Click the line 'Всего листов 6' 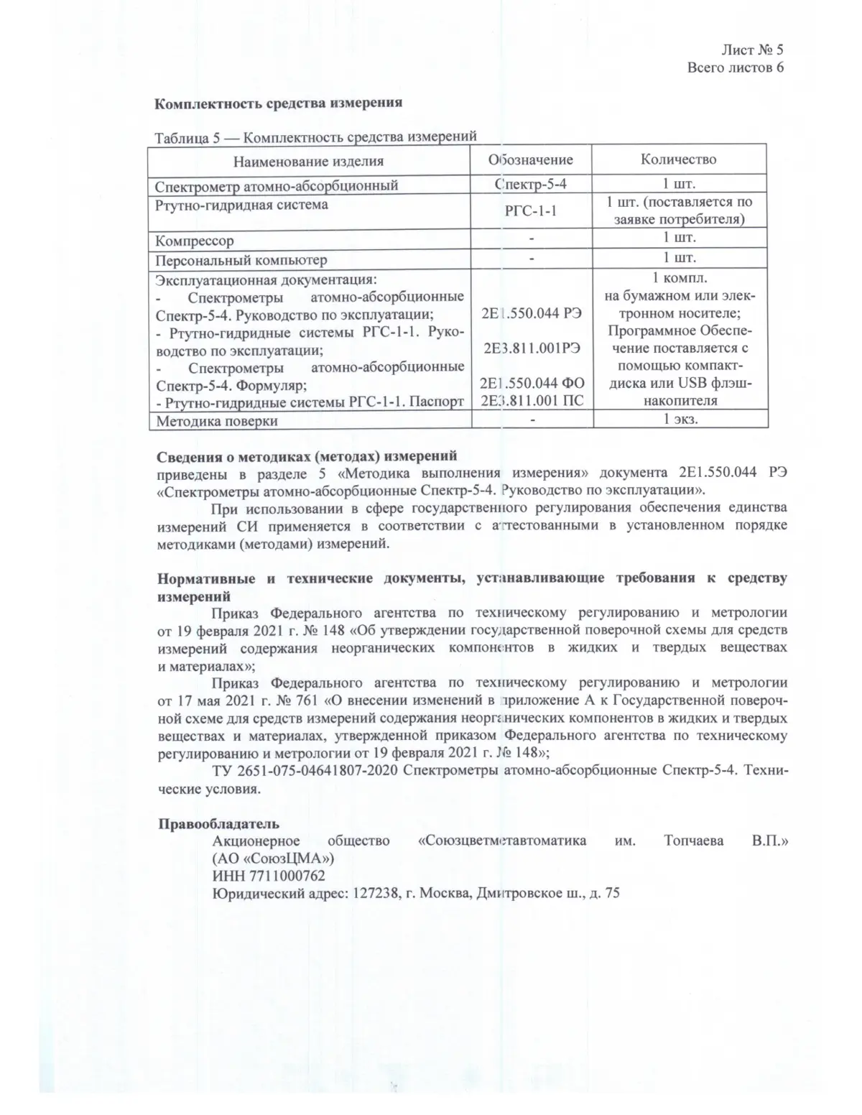click(734, 68)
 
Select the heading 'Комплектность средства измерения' click(279, 102)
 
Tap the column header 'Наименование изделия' click(309, 160)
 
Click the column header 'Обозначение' click(531, 159)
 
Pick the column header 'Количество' click(678, 159)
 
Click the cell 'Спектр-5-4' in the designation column click(531, 184)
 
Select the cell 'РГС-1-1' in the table click(531, 210)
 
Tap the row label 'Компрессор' click(195, 241)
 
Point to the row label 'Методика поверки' click(216, 421)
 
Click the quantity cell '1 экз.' click(680, 420)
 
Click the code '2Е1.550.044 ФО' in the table click(532, 384)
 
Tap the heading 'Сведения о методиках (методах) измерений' click(307, 455)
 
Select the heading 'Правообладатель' click(218, 823)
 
